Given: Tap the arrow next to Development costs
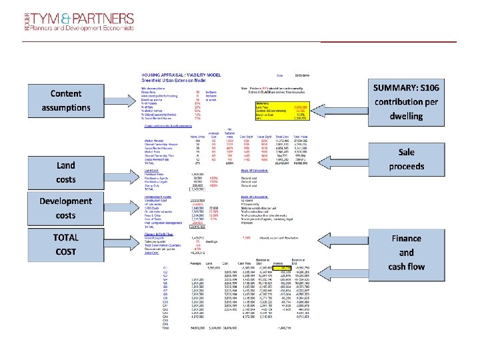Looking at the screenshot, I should point(120,208).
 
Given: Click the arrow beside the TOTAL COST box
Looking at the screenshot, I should point(120,243).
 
